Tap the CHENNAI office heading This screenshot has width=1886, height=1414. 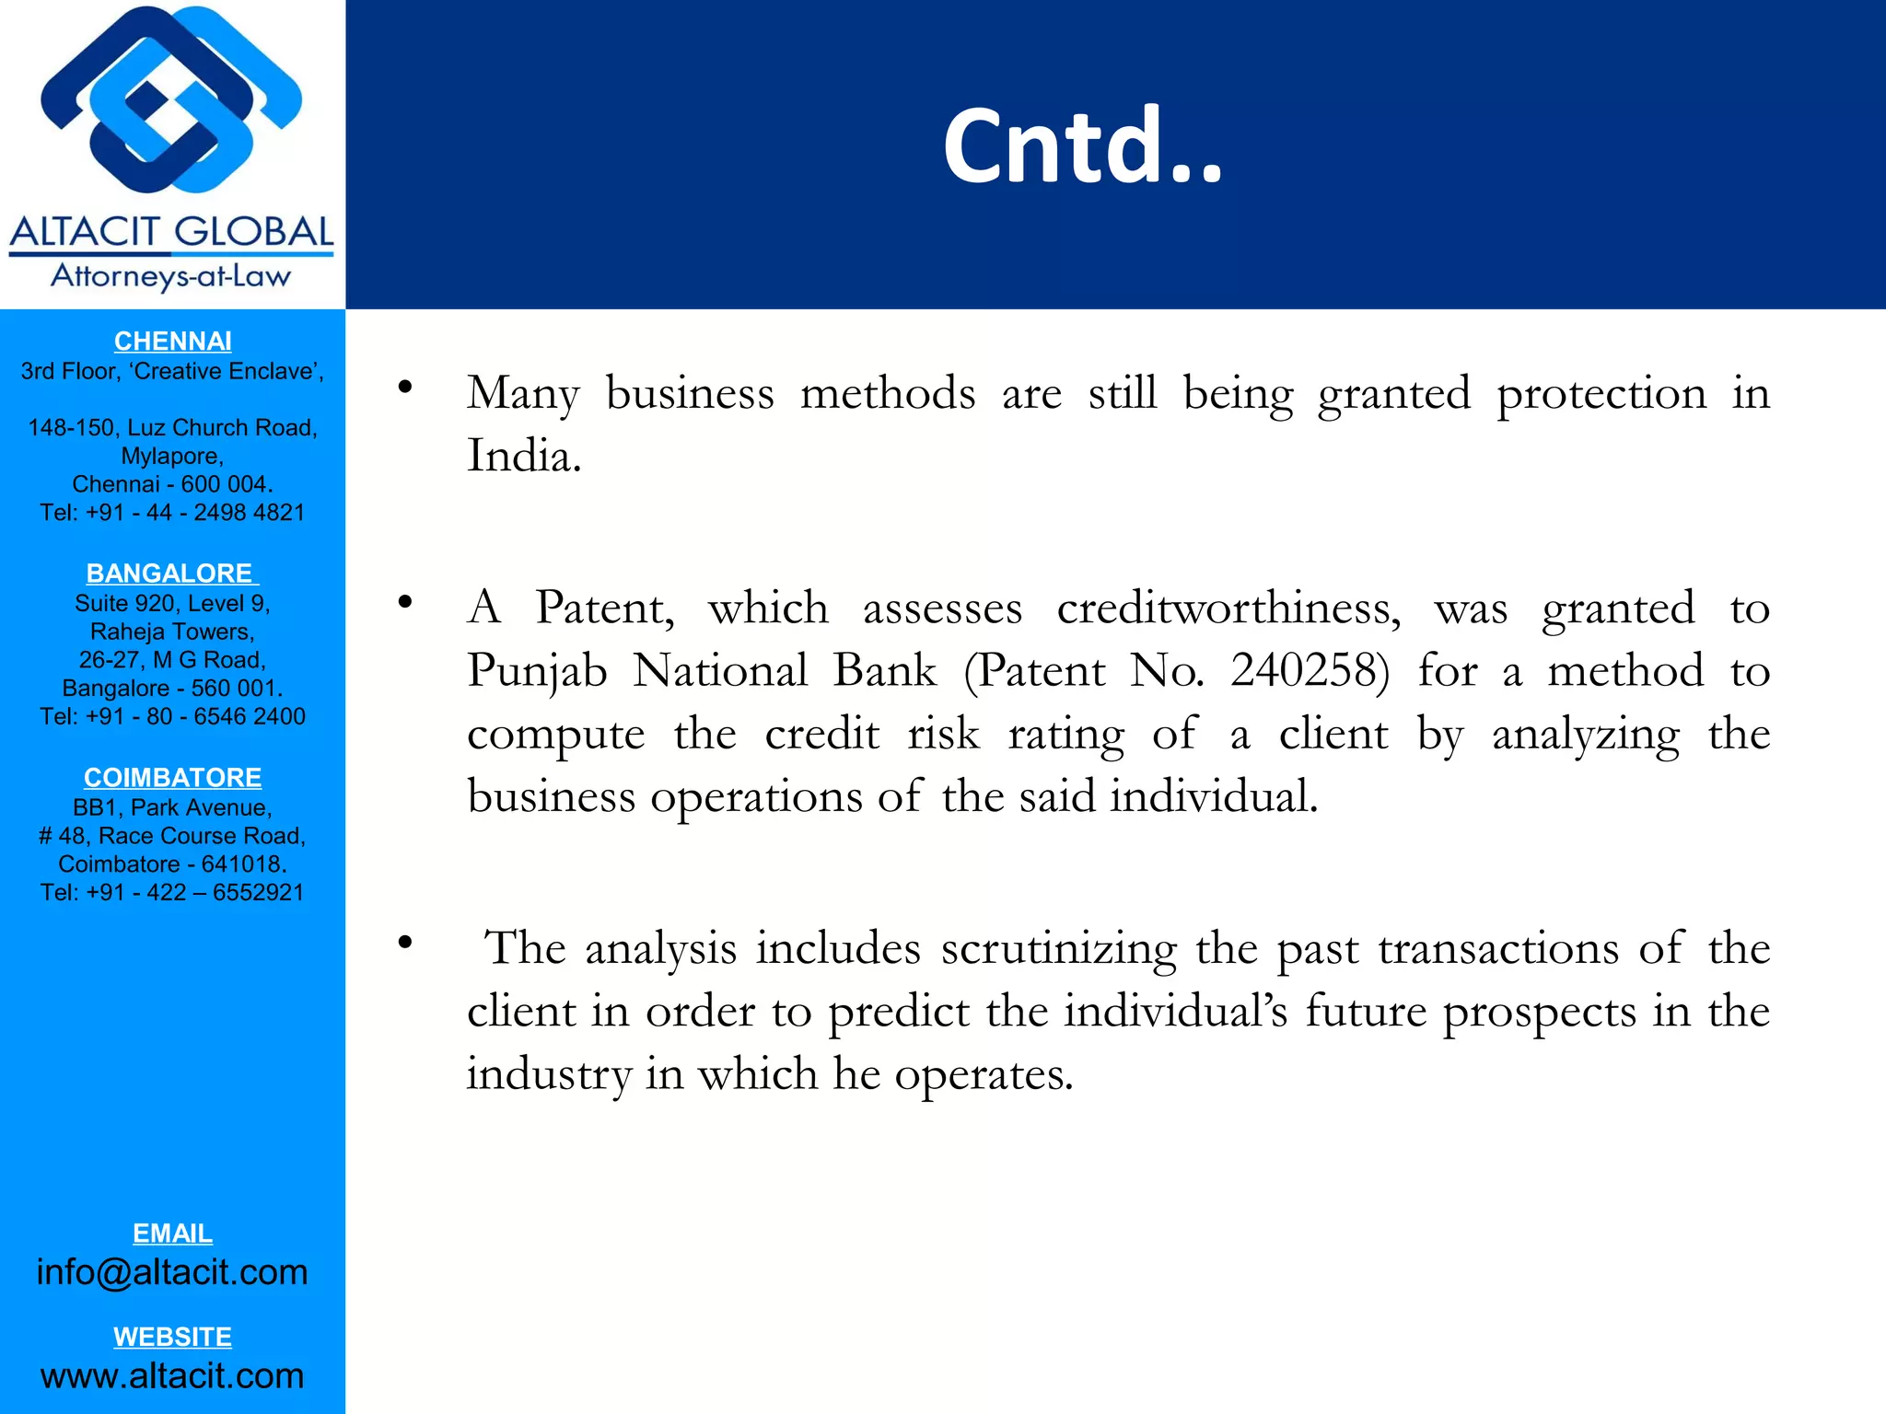click(x=172, y=342)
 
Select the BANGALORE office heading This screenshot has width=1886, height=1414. click(x=171, y=574)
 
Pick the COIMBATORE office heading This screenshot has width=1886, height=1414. click(x=172, y=778)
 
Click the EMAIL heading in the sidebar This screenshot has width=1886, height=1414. click(x=172, y=1234)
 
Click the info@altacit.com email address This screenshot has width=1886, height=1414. click(x=172, y=1272)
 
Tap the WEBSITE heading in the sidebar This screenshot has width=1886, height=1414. click(x=172, y=1337)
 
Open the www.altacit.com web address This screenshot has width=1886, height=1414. click(x=172, y=1376)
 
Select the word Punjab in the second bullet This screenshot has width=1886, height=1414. click(x=537, y=672)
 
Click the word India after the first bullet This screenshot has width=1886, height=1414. click(x=523, y=456)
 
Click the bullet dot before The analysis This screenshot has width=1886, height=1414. click(x=404, y=943)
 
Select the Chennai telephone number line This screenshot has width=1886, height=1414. click(x=172, y=513)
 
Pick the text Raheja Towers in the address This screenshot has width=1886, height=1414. click(x=172, y=632)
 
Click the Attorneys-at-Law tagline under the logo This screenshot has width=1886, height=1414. click(x=171, y=276)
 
